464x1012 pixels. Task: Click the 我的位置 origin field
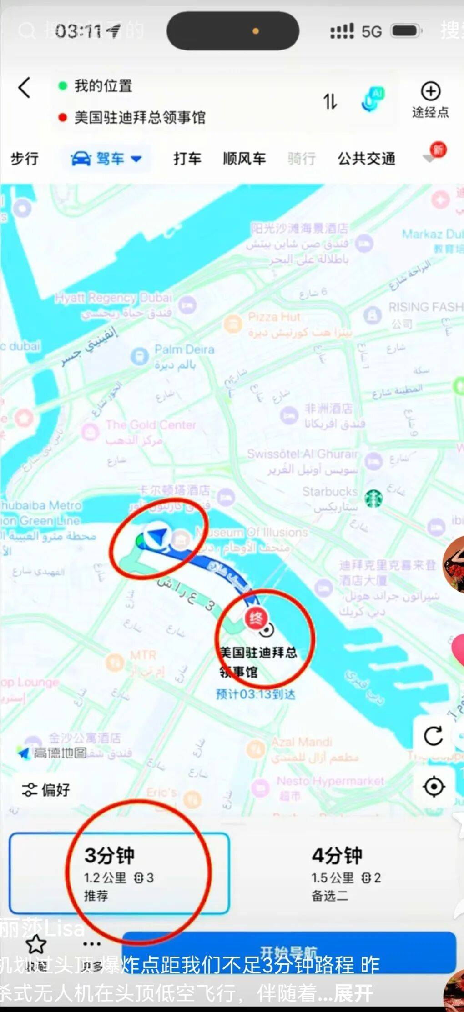[103, 85]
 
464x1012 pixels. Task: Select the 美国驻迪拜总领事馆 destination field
[140, 118]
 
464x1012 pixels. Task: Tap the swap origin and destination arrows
[330, 101]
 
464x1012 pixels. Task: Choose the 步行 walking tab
[25, 159]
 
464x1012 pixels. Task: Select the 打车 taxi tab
[187, 159]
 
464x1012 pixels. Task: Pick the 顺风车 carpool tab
[244, 159]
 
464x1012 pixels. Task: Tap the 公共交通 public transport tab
[366, 159]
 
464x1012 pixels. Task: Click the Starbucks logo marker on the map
[373, 499]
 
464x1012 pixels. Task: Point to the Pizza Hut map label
[274, 317]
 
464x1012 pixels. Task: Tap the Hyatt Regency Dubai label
[114, 298]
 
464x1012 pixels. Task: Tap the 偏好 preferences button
[46, 790]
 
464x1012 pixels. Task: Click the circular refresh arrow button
[433, 736]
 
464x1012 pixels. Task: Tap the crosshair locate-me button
[434, 787]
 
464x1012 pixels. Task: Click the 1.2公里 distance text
[105, 877]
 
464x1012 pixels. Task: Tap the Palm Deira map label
[184, 349]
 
